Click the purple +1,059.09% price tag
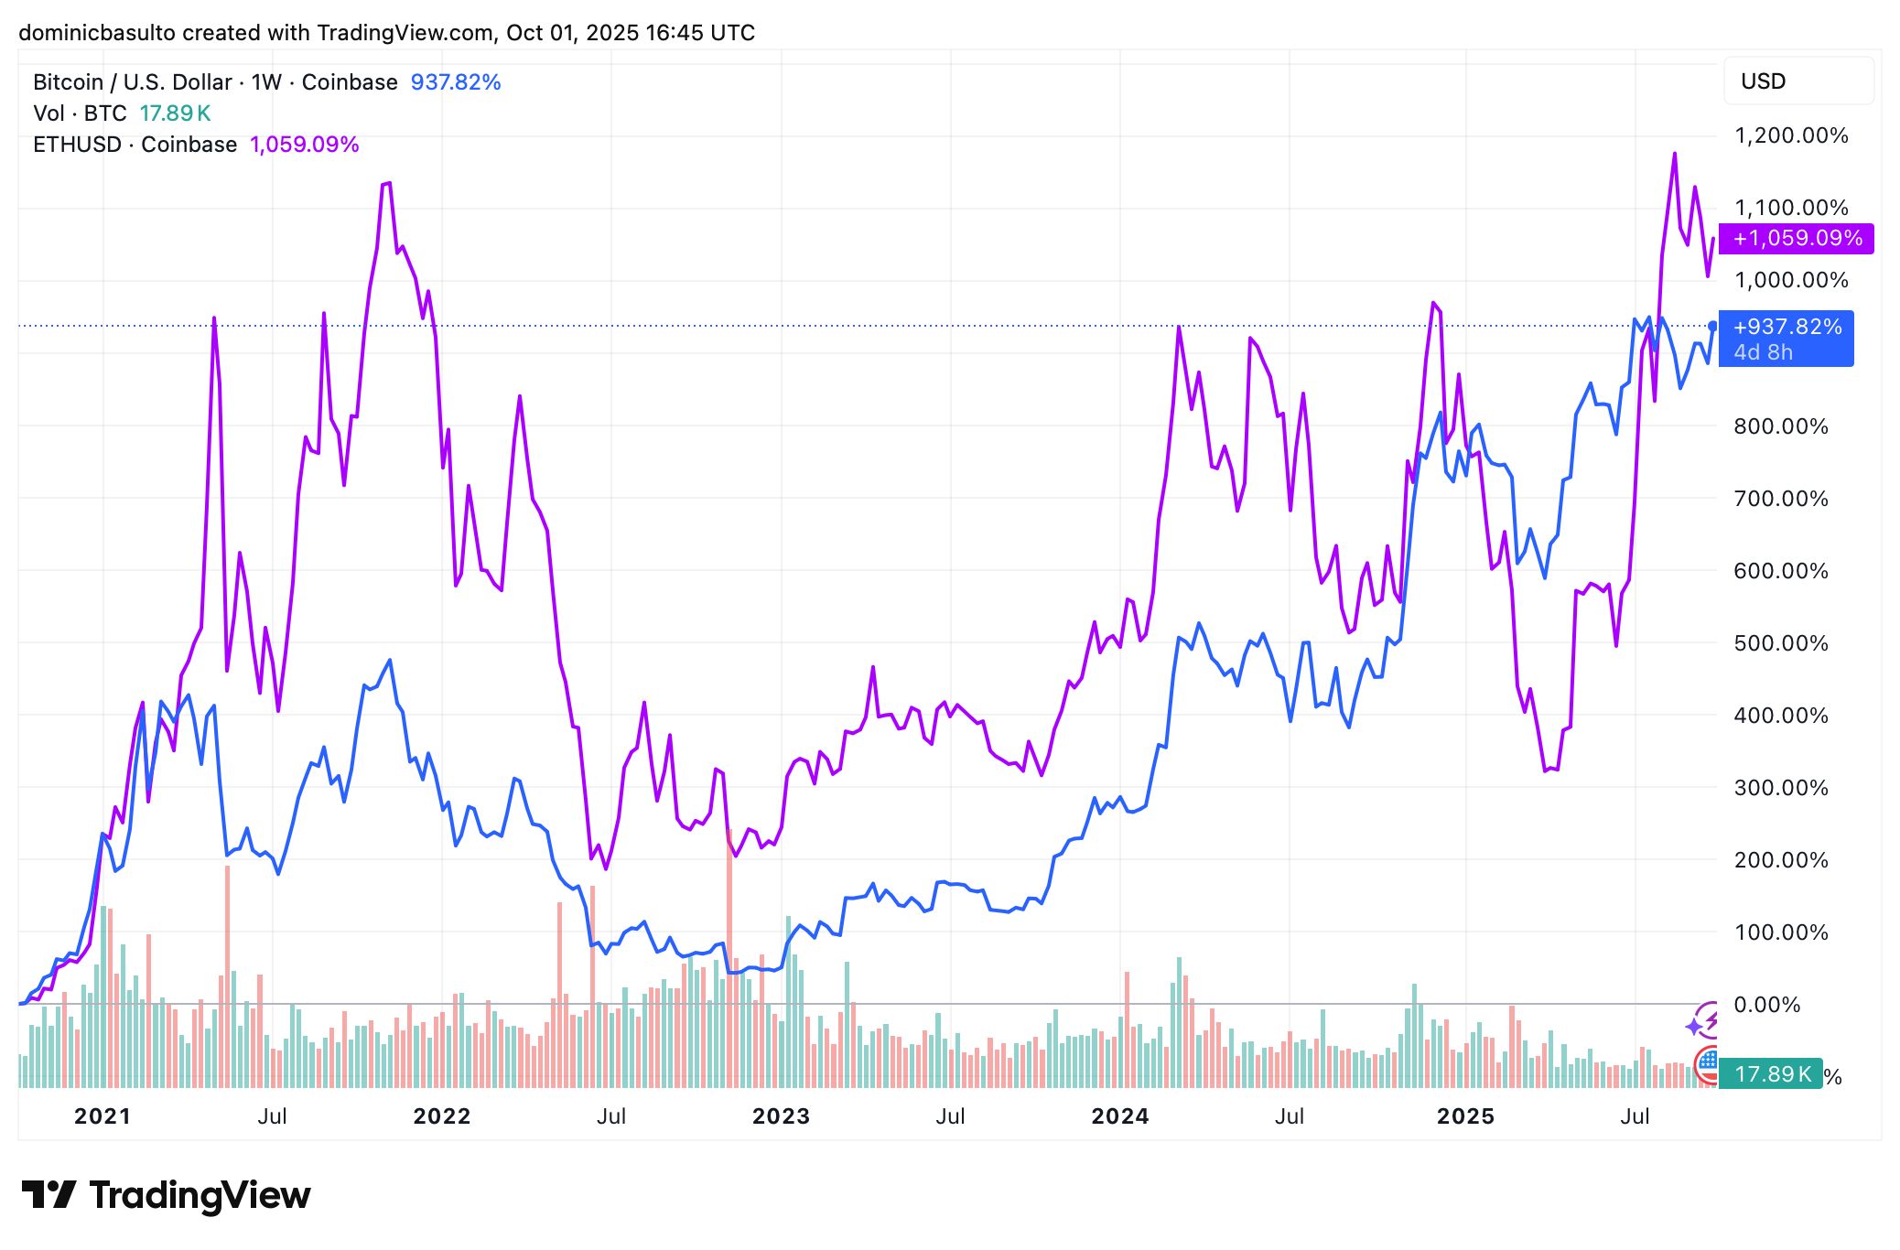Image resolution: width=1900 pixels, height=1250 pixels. (x=1796, y=239)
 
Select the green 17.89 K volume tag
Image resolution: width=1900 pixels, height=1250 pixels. (x=1770, y=1073)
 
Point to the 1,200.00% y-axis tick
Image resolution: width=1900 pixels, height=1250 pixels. (x=1791, y=136)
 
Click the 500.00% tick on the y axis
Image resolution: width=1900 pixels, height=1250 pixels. (x=1780, y=643)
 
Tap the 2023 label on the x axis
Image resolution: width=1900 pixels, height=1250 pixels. (x=781, y=1116)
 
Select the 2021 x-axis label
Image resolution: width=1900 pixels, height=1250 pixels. (x=103, y=1116)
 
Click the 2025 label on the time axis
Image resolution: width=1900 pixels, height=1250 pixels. (x=1465, y=1116)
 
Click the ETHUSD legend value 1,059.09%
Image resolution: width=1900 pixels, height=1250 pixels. (x=304, y=145)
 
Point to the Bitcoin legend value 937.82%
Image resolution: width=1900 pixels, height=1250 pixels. (x=455, y=82)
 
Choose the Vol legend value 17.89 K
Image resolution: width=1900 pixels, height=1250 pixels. (x=175, y=113)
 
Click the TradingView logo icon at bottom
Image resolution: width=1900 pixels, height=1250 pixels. (x=49, y=1195)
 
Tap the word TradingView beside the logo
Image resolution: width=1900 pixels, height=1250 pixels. (x=200, y=1196)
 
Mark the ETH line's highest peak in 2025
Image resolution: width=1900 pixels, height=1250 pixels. (x=1675, y=154)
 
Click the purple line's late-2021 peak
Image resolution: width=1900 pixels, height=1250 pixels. (x=390, y=183)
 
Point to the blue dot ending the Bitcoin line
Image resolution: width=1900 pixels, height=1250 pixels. (x=1712, y=326)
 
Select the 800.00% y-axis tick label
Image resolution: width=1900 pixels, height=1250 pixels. (x=1780, y=426)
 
